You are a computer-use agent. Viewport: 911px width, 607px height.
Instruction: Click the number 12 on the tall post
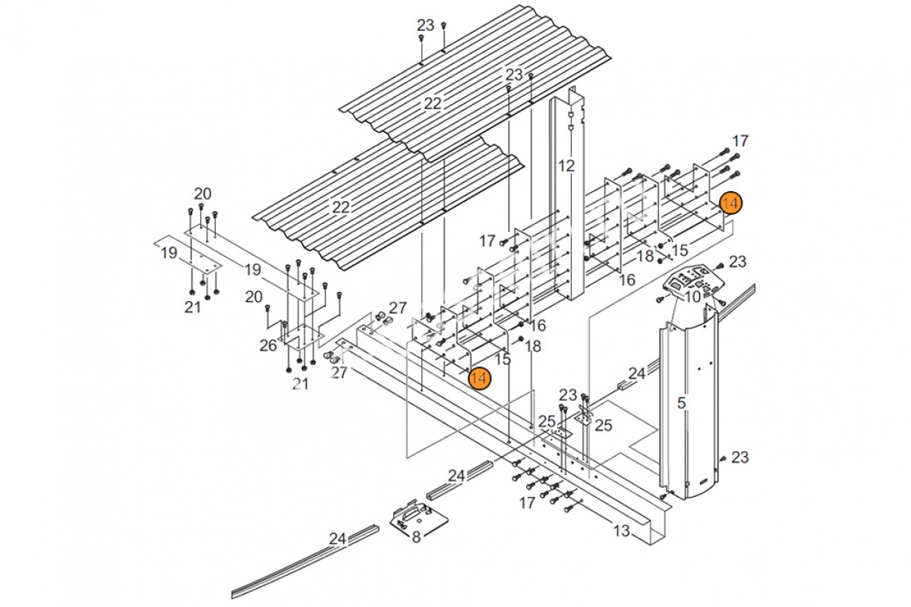pyautogui.click(x=566, y=166)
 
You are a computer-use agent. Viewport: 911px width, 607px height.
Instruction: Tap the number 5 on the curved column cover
pyautogui.click(x=682, y=403)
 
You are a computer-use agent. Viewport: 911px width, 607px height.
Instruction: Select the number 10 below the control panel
pyautogui.click(x=692, y=297)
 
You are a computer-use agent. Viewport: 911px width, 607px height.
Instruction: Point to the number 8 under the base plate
pyautogui.click(x=416, y=537)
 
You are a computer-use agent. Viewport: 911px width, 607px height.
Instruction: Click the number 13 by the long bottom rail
pyautogui.click(x=621, y=530)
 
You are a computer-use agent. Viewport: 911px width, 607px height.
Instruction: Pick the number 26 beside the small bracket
pyautogui.click(x=268, y=345)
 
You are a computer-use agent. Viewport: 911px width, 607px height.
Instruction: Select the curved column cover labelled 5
pyautogui.click(x=688, y=402)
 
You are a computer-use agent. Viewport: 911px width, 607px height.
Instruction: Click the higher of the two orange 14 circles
pyautogui.click(x=731, y=203)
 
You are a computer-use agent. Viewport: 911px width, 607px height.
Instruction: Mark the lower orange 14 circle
pyautogui.click(x=480, y=378)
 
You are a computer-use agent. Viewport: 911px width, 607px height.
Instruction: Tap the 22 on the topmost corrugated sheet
pyautogui.click(x=432, y=104)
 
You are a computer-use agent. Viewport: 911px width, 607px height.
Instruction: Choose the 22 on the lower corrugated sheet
pyautogui.click(x=341, y=207)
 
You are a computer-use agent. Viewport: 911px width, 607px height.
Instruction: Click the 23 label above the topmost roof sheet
pyautogui.click(x=425, y=26)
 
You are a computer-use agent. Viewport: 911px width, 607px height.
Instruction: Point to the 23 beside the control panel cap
pyautogui.click(x=737, y=262)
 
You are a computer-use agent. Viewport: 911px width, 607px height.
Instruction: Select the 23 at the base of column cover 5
pyautogui.click(x=739, y=458)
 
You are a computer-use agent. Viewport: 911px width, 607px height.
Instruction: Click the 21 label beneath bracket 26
pyautogui.click(x=300, y=384)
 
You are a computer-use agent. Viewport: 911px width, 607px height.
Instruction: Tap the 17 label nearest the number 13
pyautogui.click(x=527, y=503)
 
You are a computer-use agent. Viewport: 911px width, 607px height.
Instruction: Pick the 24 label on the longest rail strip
pyautogui.click(x=338, y=539)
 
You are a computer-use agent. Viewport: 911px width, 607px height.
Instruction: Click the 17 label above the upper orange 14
pyautogui.click(x=740, y=141)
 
